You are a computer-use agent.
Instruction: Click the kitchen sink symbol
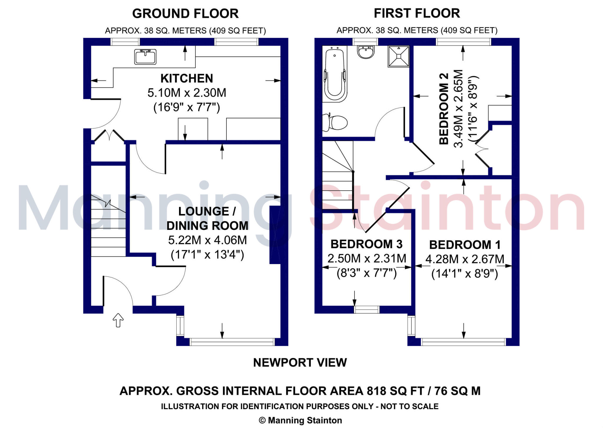145,57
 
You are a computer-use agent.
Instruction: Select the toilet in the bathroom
336,122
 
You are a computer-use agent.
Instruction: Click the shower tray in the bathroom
398,56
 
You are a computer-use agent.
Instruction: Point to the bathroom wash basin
366,52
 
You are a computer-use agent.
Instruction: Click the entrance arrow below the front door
118,320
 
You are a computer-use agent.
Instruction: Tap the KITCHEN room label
187,79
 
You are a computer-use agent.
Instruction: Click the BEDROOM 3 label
366,244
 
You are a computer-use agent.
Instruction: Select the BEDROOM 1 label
465,245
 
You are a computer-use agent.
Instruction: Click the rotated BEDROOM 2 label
444,109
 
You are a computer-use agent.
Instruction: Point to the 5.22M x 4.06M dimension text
207,240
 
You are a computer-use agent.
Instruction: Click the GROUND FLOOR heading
185,14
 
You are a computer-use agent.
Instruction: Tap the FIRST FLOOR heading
417,13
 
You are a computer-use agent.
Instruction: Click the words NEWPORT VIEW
300,362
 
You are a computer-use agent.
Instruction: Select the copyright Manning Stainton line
300,420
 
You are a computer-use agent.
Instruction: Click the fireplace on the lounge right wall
275,235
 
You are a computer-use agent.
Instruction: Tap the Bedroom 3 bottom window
366,309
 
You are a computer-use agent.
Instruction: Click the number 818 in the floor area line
376,391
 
